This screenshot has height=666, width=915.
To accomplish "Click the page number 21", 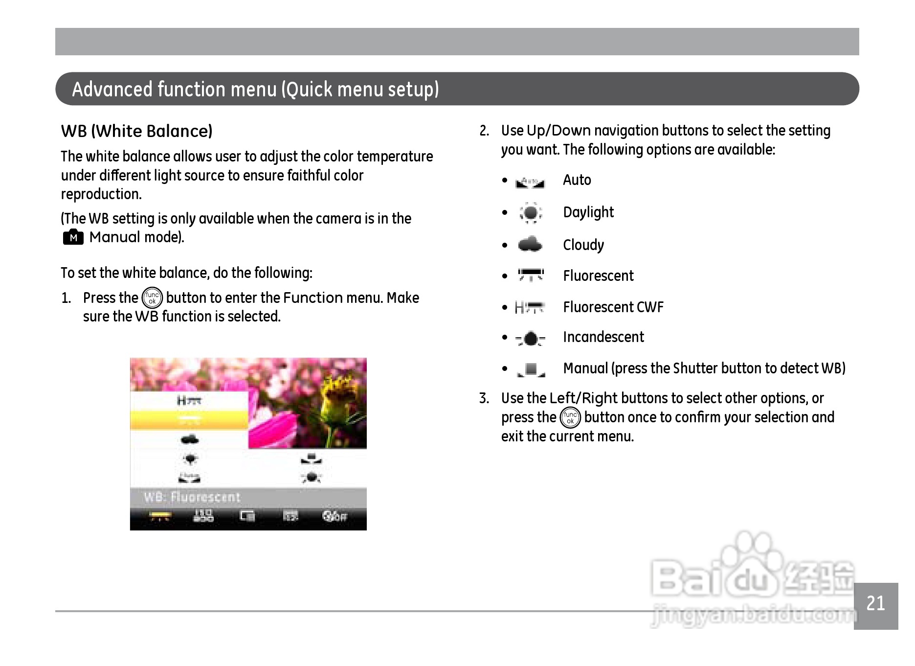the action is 875,603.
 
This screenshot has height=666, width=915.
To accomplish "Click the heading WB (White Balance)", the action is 137,131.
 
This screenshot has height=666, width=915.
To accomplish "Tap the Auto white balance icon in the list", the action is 530,183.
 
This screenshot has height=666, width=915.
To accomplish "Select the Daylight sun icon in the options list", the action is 531,213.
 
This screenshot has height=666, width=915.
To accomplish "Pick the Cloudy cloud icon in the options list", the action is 530,244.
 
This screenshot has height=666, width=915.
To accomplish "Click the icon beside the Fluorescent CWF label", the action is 529,307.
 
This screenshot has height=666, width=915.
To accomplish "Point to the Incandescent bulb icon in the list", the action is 530,338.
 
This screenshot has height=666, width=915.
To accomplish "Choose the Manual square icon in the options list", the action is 531,370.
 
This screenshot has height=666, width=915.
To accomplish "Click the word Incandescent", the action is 603,337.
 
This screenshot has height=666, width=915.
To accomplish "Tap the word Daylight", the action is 588,213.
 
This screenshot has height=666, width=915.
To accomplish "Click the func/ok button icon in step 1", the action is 152,298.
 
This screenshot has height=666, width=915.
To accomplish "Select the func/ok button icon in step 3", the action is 570,417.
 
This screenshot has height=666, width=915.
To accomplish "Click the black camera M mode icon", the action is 73,237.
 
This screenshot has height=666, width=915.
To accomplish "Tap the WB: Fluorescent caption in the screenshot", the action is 192,497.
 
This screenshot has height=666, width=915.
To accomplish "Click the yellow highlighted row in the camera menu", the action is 189,420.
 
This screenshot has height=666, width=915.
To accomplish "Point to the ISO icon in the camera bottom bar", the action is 203,516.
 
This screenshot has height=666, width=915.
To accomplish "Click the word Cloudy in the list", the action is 583,245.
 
